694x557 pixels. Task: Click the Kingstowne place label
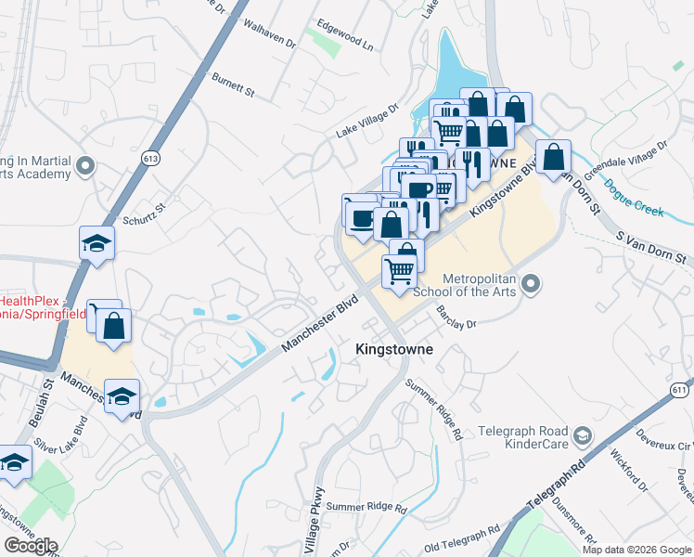pyautogui.click(x=394, y=349)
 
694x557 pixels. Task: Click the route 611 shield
pyautogui.click(x=679, y=390)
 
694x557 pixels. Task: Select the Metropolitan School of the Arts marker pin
pyautogui.click(x=531, y=282)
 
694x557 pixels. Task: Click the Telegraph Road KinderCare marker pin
pyautogui.click(x=582, y=434)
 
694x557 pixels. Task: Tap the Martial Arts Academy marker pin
pyautogui.click(x=86, y=167)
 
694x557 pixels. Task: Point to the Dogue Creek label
pyautogui.click(x=634, y=198)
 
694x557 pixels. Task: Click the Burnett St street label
pyautogui.click(x=233, y=86)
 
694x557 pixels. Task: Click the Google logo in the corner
pyautogui.click(x=31, y=545)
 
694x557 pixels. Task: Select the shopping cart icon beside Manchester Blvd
pyautogui.click(x=399, y=272)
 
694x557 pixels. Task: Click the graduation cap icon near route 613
pyautogui.click(x=96, y=243)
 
